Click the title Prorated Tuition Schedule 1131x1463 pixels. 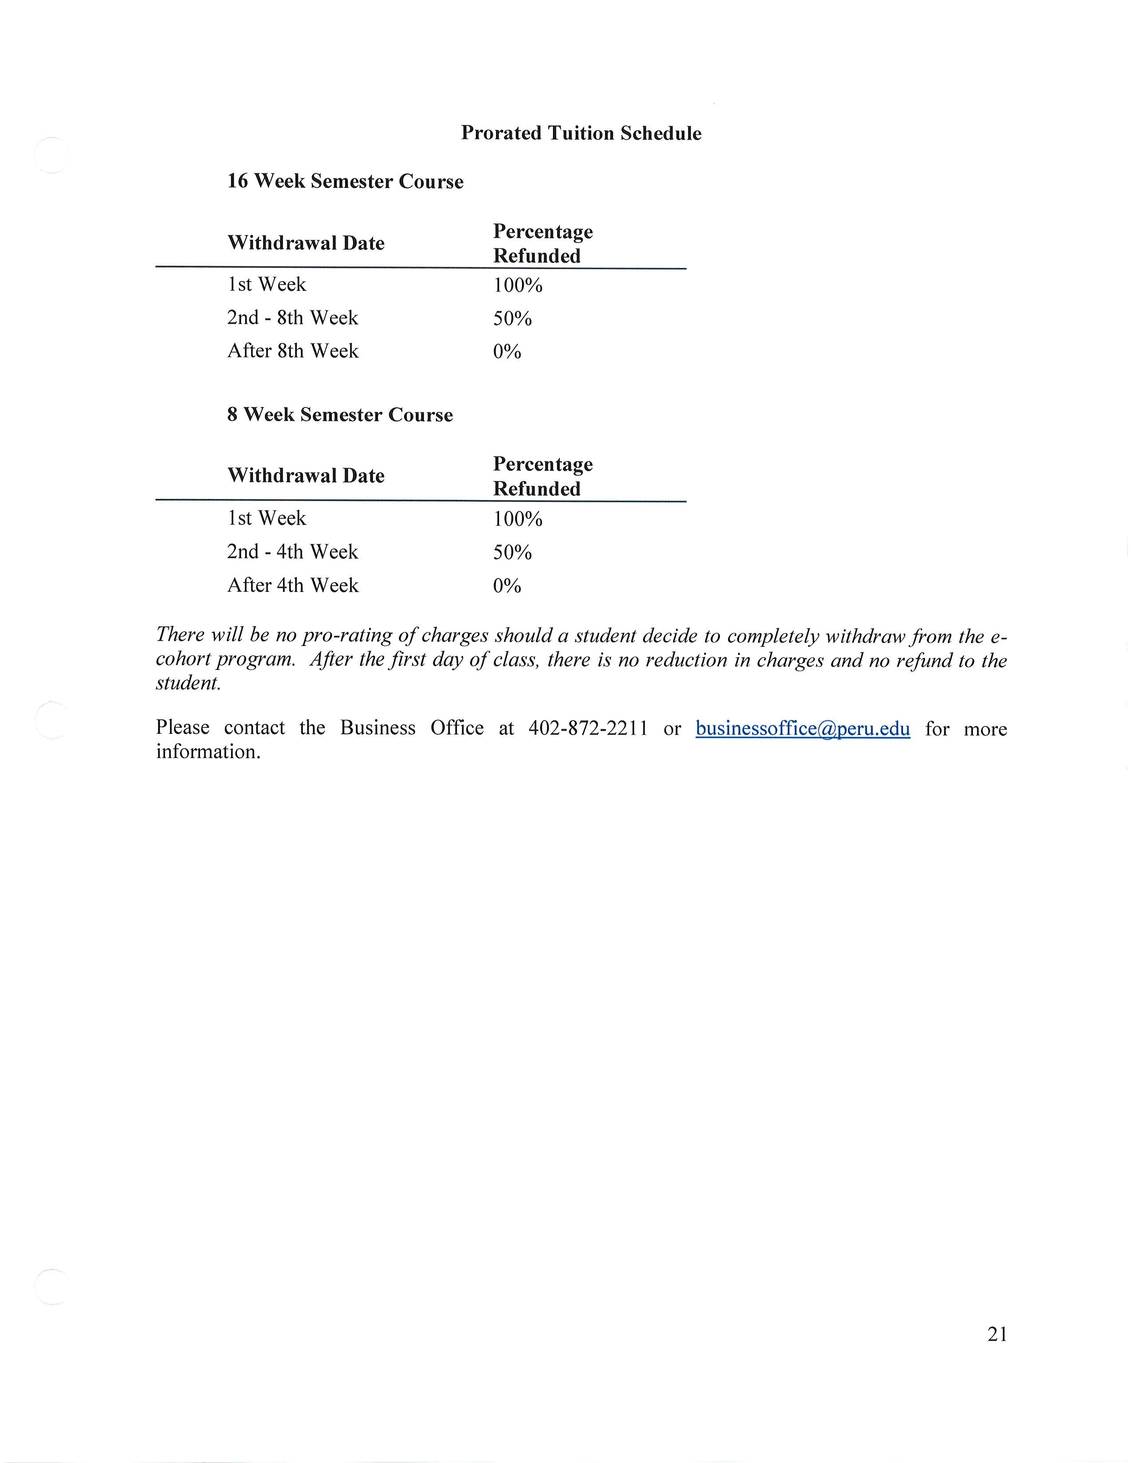[581, 133]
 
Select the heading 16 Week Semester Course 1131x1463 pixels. [345, 181]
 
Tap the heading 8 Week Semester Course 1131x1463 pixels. [340, 415]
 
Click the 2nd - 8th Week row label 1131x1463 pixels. [293, 317]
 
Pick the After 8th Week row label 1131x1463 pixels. [293, 351]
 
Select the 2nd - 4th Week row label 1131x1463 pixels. [293, 552]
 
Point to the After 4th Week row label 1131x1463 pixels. [293, 586]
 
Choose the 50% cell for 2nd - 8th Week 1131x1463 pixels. [513, 319]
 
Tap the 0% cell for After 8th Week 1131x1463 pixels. [507, 352]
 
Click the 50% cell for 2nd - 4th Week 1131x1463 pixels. [513, 553]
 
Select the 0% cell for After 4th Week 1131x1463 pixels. [507, 586]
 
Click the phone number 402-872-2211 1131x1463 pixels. [588, 728]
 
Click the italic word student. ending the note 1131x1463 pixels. [188, 683]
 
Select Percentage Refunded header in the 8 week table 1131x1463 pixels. [543, 476]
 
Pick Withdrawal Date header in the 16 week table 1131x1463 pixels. [306, 243]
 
